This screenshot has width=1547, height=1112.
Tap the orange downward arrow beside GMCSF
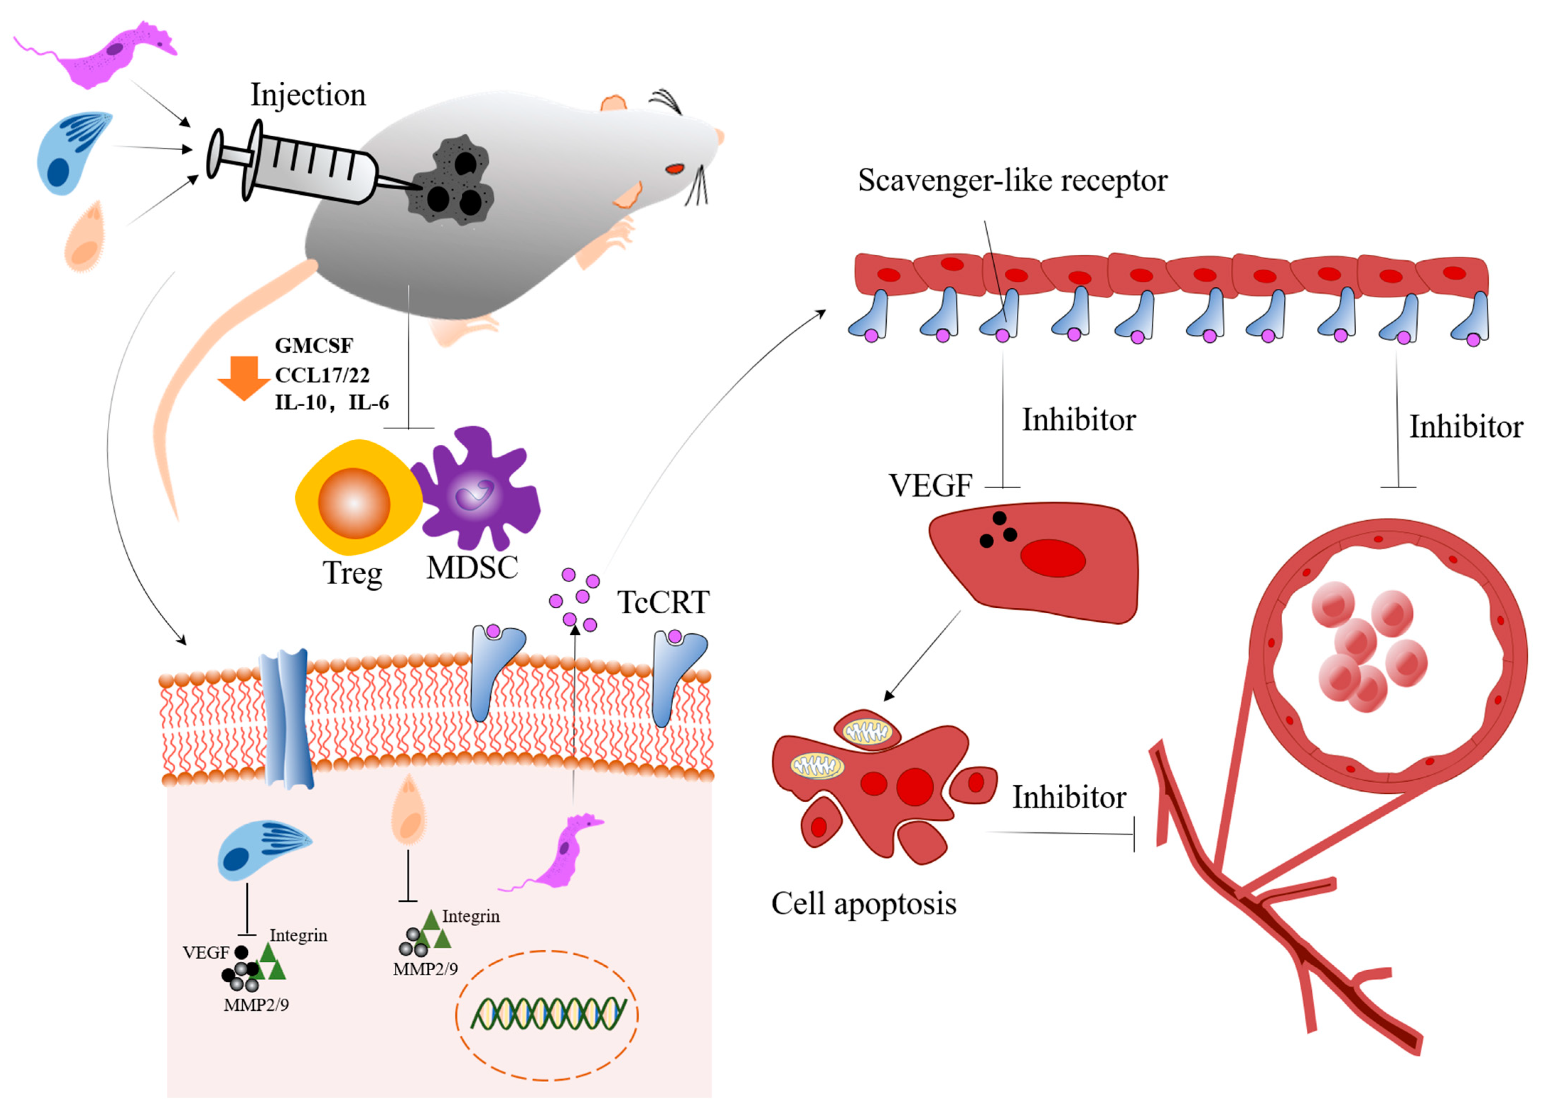(x=243, y=377)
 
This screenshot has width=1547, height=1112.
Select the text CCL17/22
(x=322, y=375)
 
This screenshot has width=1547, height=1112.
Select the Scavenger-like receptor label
(x=1012, y=181)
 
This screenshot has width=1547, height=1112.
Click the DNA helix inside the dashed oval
(x=548, y=1014)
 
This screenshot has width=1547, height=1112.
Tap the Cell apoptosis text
(x=864, y=904)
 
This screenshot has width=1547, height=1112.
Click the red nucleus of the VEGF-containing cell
(x=1052, y=558)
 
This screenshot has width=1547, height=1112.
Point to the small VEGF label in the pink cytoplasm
(x=205, y=953)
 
